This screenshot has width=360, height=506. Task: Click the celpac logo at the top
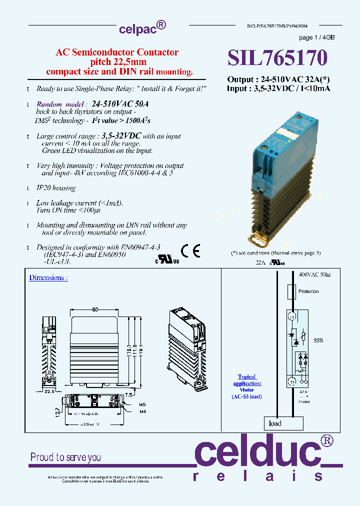[x=142, y=28]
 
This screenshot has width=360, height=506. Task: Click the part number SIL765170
[x=277, y=58]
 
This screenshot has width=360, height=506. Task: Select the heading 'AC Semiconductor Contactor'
[x=117, y=52]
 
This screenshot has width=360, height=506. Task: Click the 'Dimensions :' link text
[x=48, y=277]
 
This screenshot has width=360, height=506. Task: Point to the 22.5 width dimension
[x=48, y=391]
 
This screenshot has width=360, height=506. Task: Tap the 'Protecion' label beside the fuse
[x=308, y=291]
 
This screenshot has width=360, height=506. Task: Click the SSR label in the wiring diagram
[x=318, y=340]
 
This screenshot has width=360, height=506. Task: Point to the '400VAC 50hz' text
[x=314, y=275]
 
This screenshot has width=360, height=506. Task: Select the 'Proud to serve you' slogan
[x=65, y=457]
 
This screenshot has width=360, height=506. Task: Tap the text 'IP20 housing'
[x=56, y=188]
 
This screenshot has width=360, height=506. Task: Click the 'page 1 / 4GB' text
[x=316, y=38]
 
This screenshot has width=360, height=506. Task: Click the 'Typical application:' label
[x=246, y=380]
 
